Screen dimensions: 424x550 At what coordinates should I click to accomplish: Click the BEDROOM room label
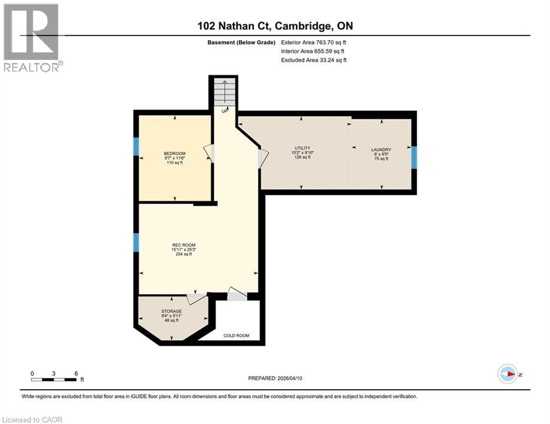point(175,153)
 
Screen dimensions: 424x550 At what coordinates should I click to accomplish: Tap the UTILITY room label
point(301,148)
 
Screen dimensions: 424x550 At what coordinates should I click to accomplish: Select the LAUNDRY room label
point(381,150)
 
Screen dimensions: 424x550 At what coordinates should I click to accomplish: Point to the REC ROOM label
point(183,245)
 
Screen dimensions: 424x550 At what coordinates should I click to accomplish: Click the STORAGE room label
point(171,311)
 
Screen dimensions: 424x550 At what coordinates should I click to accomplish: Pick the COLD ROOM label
point(236,336)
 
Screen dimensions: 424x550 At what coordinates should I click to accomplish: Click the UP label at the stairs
point(224,111)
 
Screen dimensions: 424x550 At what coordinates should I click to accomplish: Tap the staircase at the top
point(224,92)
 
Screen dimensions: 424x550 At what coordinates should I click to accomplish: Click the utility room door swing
point(263,159)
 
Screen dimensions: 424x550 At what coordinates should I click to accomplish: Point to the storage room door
point(196,299)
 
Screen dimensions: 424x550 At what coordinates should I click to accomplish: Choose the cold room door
point(237,295)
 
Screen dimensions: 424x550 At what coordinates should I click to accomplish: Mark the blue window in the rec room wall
point(136,242)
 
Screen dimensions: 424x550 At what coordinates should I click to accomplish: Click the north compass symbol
point(507,374)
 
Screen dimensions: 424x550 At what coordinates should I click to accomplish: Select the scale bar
point(54,379)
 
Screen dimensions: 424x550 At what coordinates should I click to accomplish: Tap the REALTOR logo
point(32,37)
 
